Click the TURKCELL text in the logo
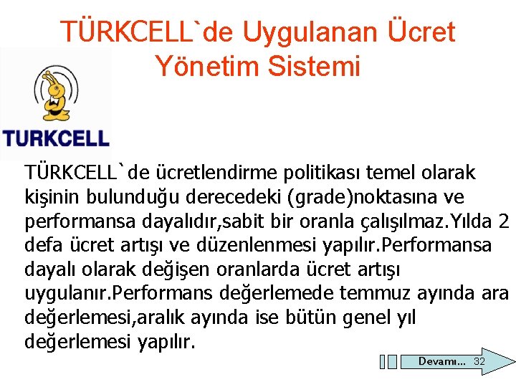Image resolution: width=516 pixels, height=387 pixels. pyautogui.click(x=56, y=138)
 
